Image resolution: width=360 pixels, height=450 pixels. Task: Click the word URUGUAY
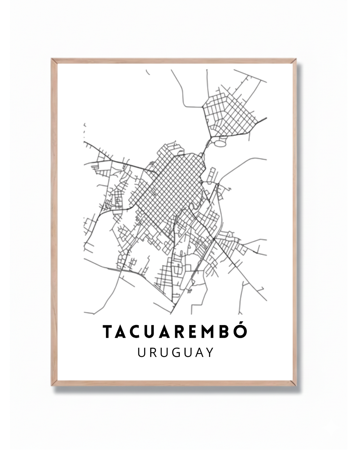pyautogui.click(x=175, y=352)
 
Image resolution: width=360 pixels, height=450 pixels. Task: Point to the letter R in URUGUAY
pyautogui.click(x=152, y=352)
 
